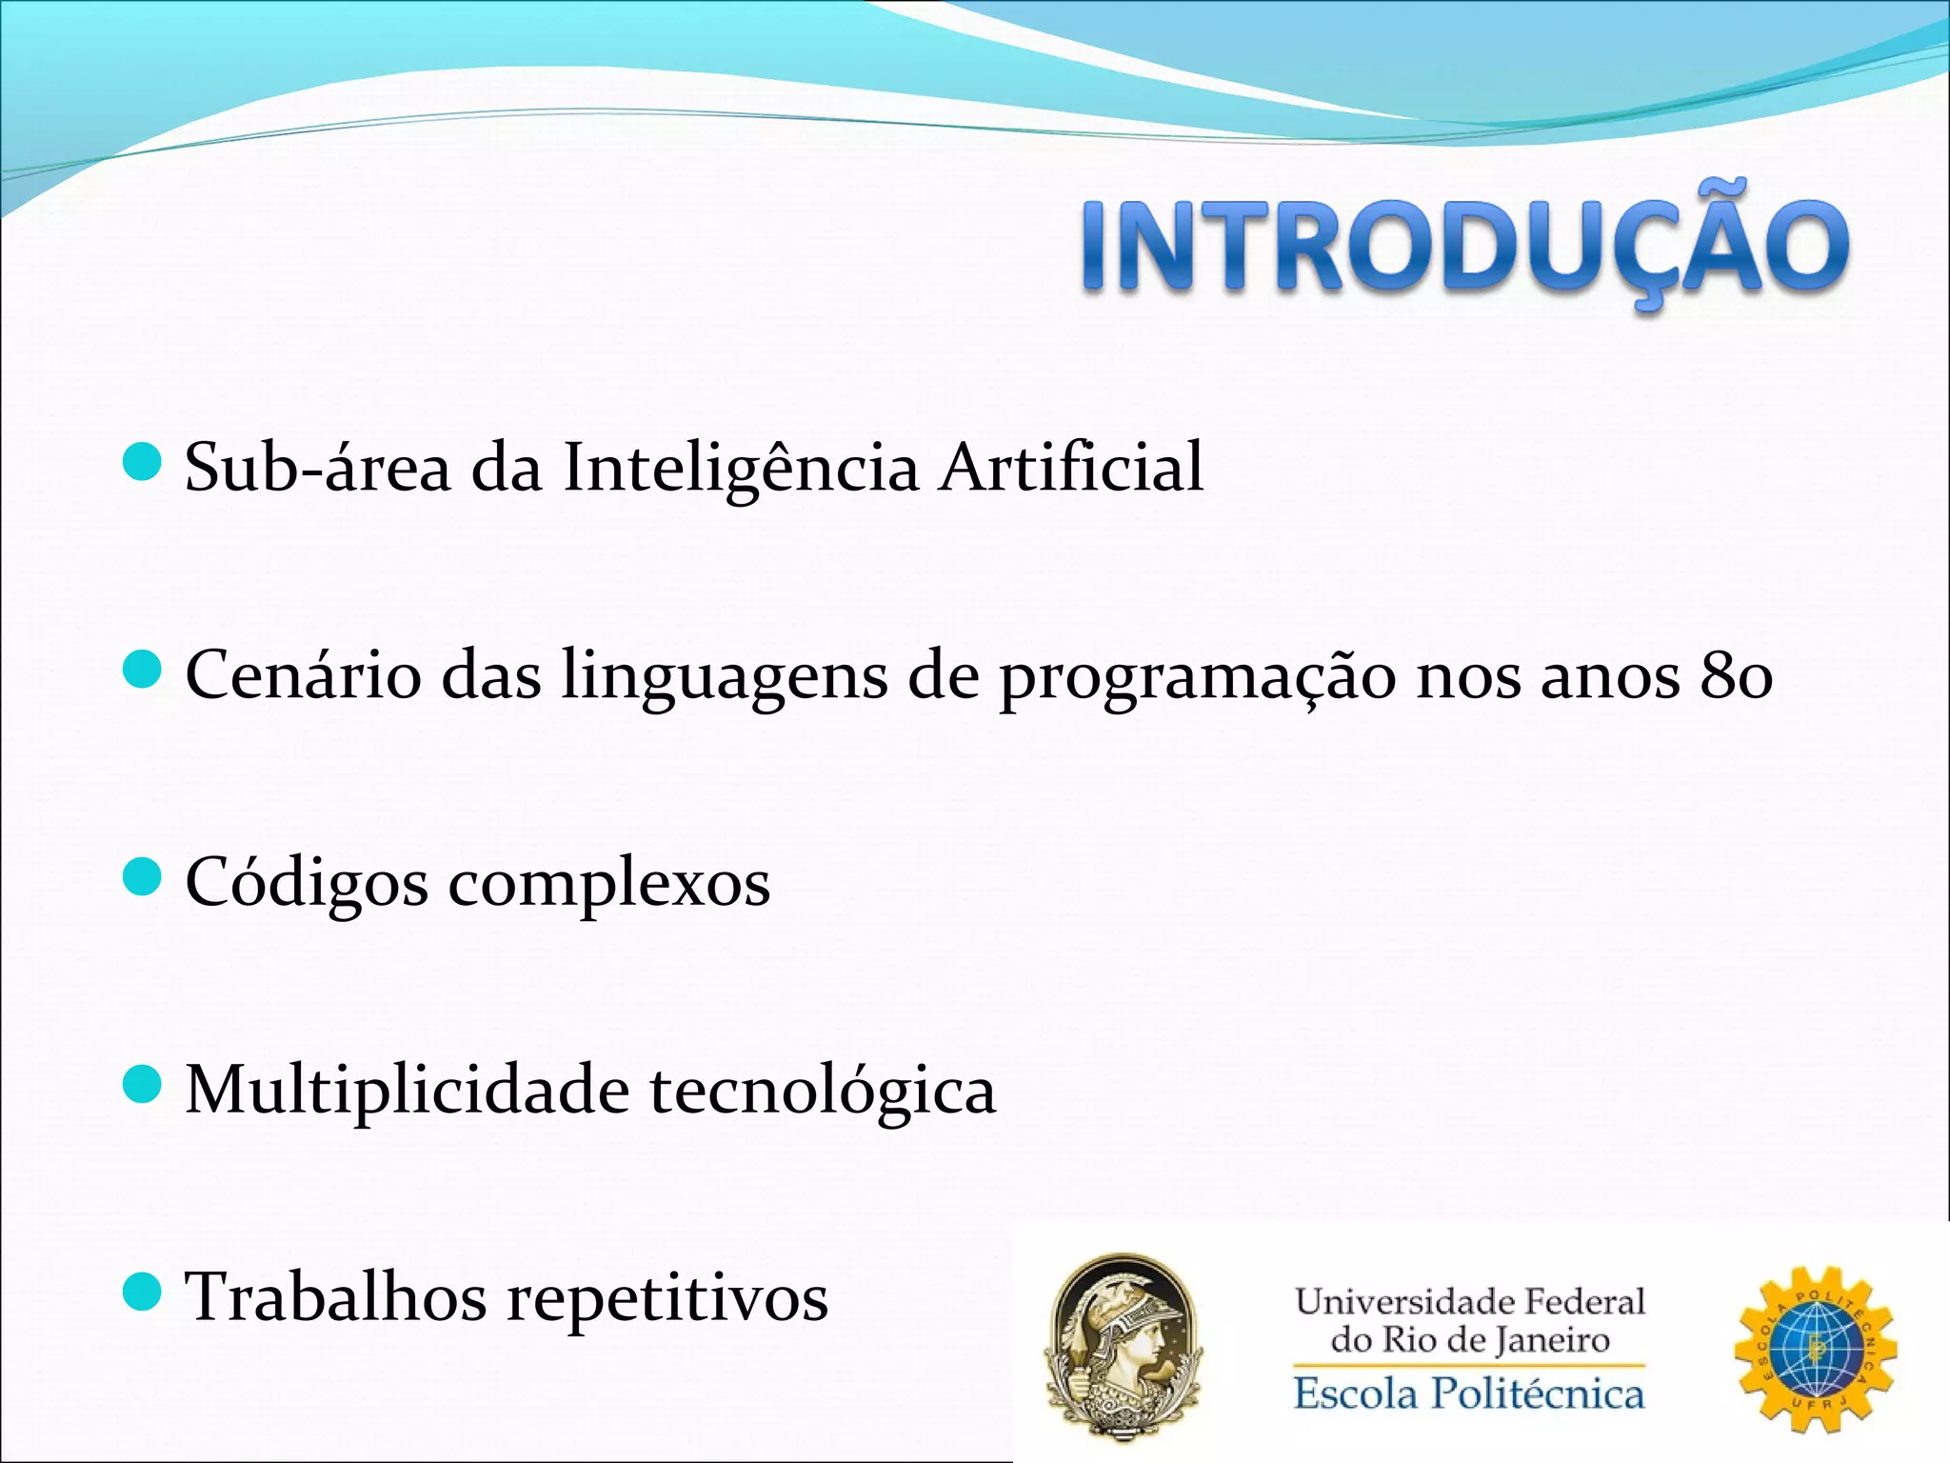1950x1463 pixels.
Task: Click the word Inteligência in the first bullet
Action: (741, 469)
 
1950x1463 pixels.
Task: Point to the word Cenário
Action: (303, 675)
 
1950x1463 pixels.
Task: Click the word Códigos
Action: (306, 884)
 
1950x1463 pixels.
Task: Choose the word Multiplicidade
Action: (407, 1090)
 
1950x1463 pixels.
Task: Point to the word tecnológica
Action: (823, 1092)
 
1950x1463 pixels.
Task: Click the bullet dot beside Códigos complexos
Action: (143, 876)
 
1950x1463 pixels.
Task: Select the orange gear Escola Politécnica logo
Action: (1815, 1348)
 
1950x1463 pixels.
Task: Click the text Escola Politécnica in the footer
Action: (1468, 1394)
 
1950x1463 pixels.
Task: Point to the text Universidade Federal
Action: (1469, 1302)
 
